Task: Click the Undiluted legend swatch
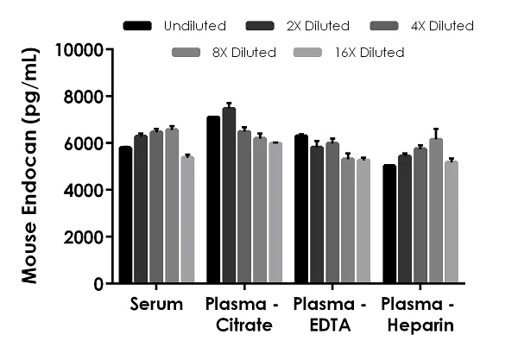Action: pos(138,26)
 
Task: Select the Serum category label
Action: pos(156,305)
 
